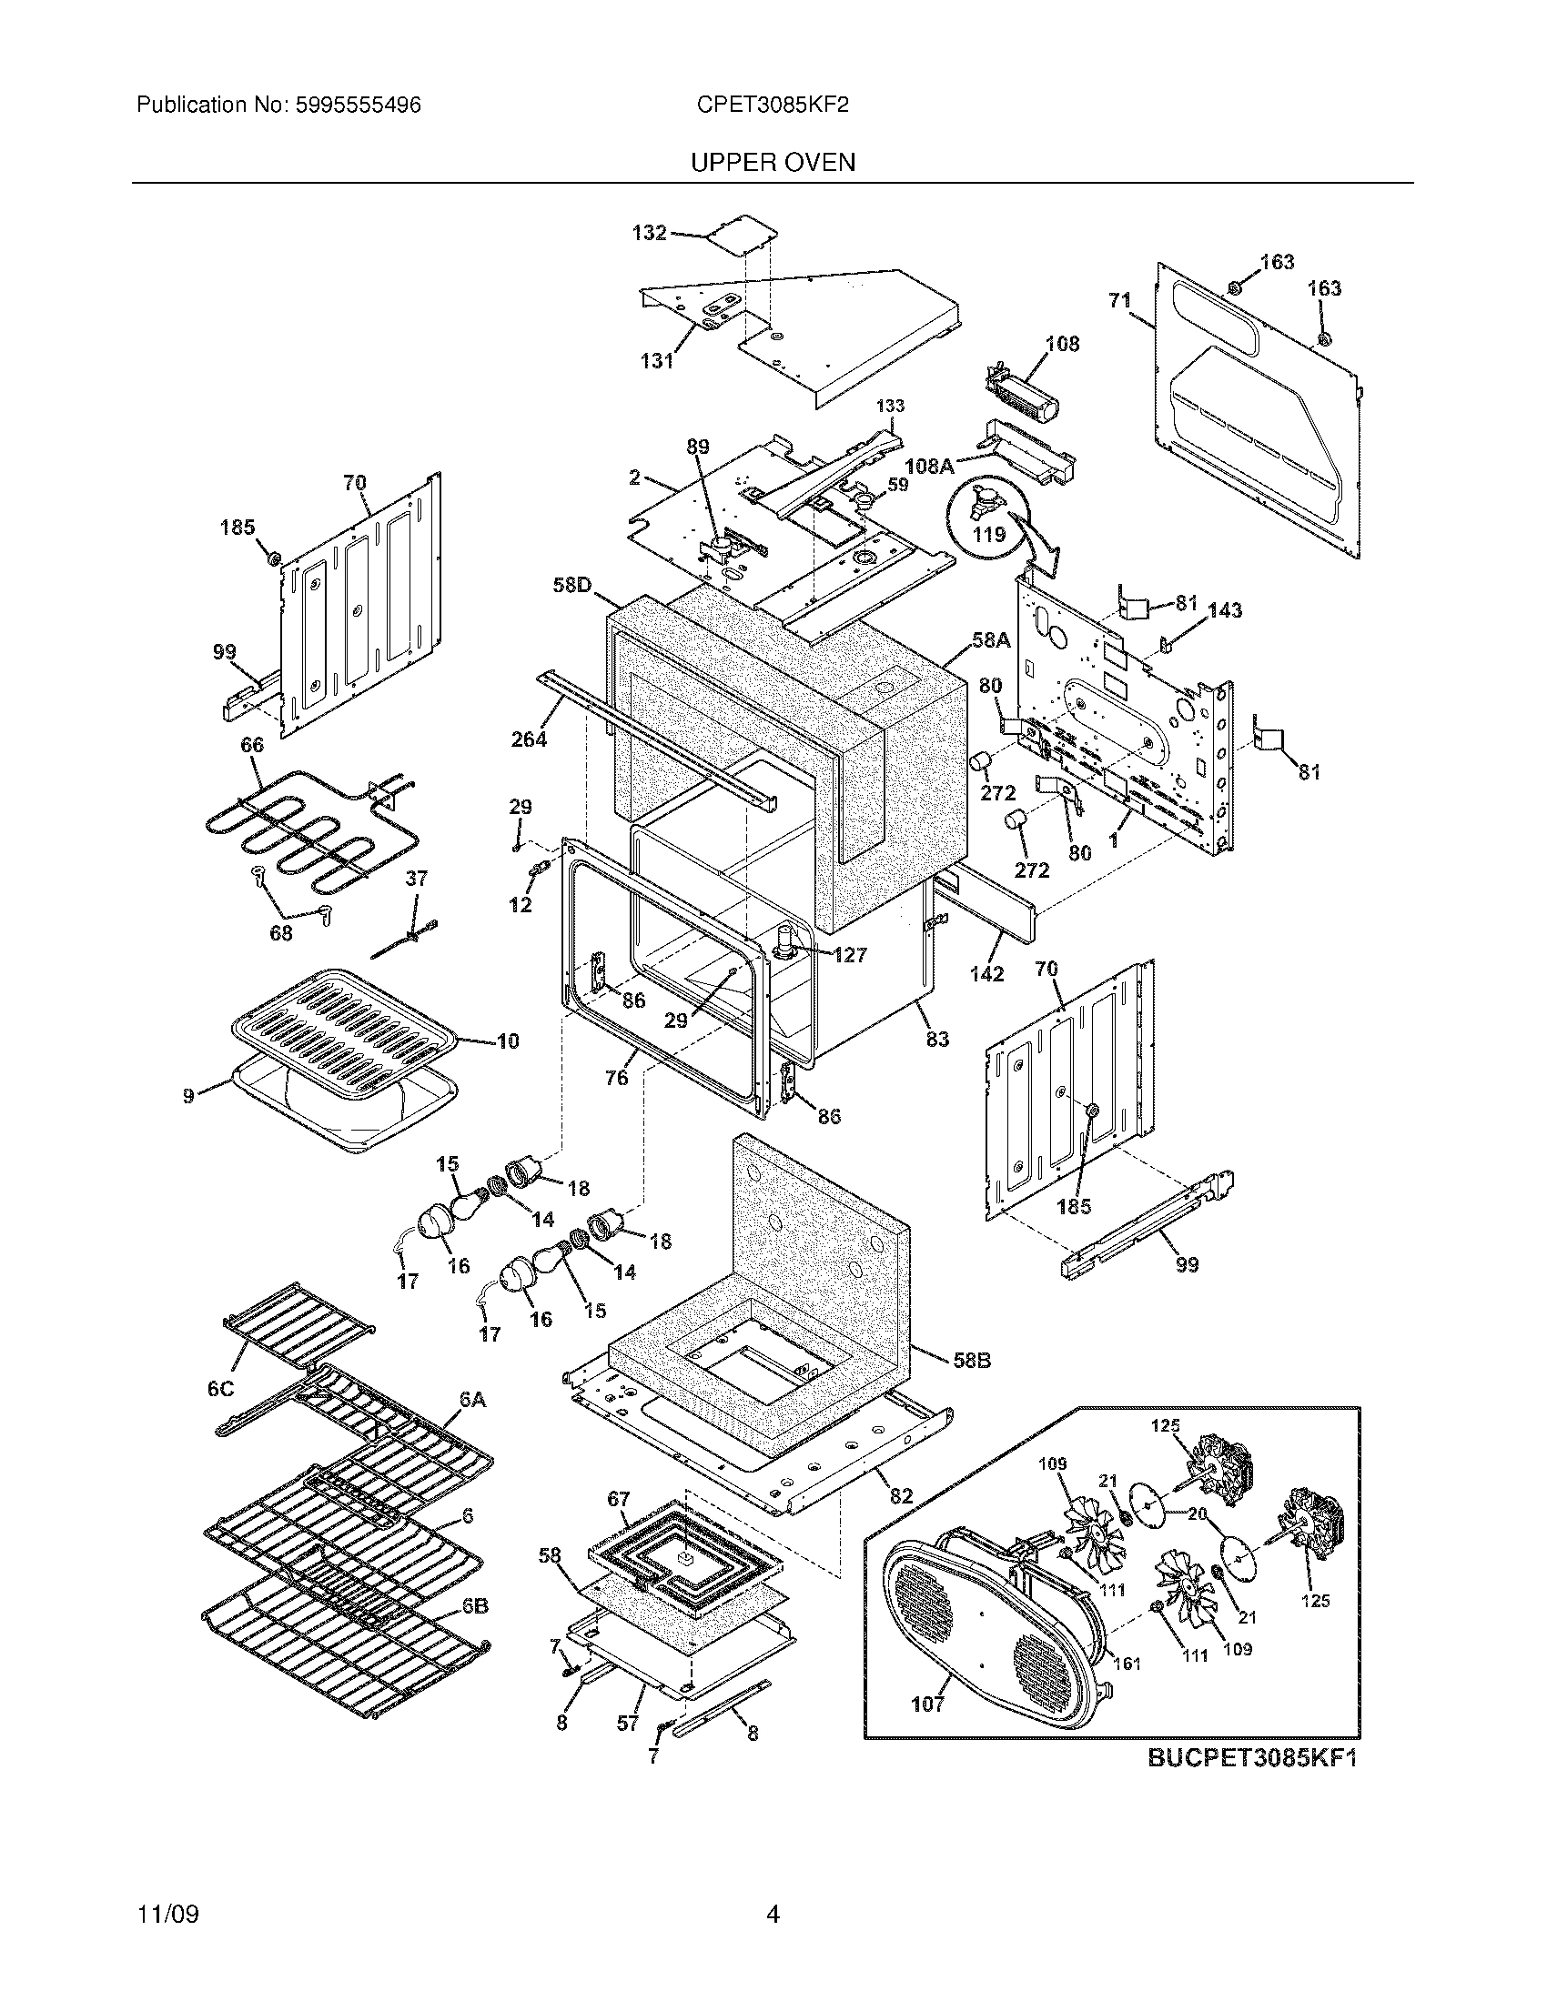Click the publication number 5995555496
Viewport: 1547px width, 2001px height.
pos(359,106)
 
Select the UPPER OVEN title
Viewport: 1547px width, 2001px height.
pos(773,163)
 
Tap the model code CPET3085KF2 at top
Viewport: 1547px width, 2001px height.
pos(773,106)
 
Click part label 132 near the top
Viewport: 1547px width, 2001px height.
pos(649,233)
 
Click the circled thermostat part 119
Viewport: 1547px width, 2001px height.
pos(989,515)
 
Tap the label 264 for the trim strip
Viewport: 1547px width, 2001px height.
pos(529,739)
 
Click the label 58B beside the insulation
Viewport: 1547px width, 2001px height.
pos(972,1386)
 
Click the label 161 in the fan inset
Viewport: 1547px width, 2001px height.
pos(1127,1663)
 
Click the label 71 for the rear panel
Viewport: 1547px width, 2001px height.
pos(1120,299)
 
